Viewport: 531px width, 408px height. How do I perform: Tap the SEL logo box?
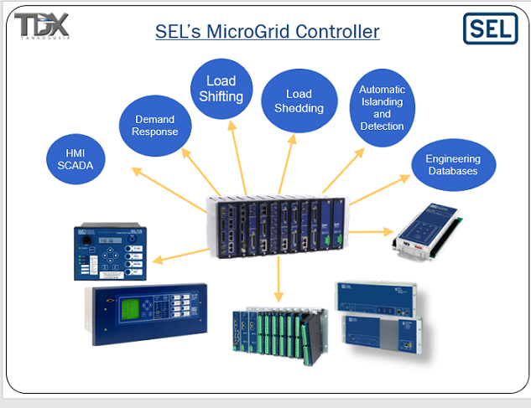coord(490,28)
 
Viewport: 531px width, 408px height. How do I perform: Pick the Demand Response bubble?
coord(154,125)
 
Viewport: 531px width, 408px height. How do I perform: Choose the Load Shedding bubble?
coord(299,101)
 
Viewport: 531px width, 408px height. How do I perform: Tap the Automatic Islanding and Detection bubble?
coord(382,108)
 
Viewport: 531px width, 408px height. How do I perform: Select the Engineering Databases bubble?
coord(452,164)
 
